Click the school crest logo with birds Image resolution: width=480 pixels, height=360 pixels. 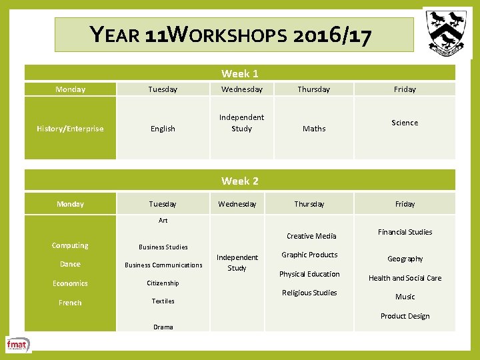(447, 31)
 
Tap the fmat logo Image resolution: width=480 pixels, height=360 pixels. (18, 345)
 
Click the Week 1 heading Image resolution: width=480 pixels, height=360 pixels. (240, 73)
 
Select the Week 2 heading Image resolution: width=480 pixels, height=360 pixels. (240, 181)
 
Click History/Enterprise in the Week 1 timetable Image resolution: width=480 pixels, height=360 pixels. (70, 129)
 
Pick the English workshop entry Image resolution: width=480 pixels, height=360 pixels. (163, 129)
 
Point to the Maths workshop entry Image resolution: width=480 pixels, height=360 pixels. (314, 129)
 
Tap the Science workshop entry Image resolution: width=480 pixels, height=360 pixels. (405, 123)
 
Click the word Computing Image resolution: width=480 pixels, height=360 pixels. (70, 245)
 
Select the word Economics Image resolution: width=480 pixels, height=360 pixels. (70, 283)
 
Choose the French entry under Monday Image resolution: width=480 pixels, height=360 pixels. (70, 303)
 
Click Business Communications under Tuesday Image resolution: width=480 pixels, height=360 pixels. (163, 265)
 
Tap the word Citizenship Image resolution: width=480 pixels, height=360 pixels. (163, 283)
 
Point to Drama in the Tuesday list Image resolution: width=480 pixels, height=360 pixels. (163, 327)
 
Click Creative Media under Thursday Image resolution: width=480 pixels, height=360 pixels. (311, 236)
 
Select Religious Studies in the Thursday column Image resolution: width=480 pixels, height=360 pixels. (309, 293)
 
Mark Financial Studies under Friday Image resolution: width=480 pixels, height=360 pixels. (405, 232)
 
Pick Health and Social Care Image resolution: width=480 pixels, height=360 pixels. (405, 278)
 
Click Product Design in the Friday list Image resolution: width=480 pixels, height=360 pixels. (405, 316)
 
